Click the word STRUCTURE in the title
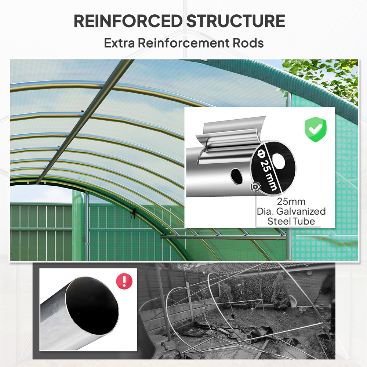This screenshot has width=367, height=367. (236, 21)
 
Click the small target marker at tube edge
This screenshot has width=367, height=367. (254, 187)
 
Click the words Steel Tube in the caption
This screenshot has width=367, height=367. (291, 221)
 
